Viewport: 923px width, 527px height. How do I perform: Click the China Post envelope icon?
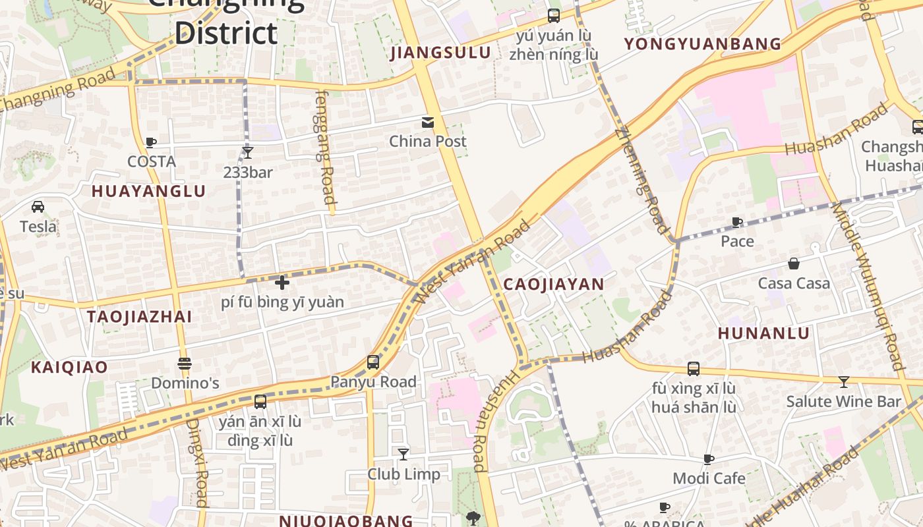428,122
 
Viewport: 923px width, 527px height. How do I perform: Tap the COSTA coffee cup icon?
151,142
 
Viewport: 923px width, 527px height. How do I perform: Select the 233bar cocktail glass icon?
247,153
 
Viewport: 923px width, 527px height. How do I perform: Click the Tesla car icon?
38,207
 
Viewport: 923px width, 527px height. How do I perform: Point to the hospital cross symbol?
282,283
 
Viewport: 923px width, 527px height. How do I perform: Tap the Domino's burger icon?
185,364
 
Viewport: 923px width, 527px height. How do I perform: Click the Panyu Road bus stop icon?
373,362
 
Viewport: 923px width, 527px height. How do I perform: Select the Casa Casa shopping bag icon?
794,263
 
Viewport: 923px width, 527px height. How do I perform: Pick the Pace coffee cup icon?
737,222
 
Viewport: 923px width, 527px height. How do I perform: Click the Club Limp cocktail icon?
403,454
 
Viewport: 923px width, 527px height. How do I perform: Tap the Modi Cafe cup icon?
709,459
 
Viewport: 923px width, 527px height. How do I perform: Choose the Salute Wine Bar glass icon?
843,381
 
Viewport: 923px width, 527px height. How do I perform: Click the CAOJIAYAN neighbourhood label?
553,284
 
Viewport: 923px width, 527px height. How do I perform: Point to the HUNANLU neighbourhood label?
763,333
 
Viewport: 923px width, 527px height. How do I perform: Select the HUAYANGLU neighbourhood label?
148,192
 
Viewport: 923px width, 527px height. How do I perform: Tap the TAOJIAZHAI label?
139,316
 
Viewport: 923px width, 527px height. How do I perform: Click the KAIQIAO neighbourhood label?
69,367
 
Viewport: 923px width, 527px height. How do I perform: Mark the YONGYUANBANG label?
702,44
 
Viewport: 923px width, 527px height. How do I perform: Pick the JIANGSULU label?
440,53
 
